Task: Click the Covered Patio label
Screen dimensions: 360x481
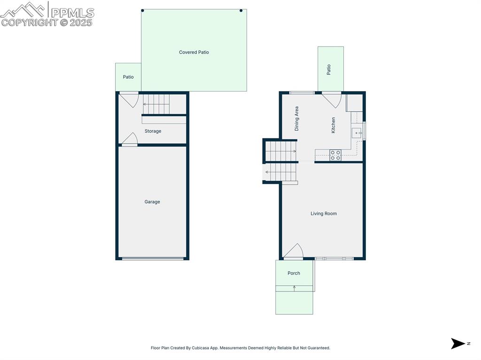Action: point(194,52)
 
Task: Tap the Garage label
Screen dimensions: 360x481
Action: point(152,202)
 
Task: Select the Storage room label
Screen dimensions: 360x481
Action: point(153,131)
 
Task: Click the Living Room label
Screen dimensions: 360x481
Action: point(324,214)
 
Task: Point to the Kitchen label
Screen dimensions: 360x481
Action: point(334,125)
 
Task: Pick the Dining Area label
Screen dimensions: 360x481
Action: point(296,118)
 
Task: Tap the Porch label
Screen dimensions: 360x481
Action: point(294,273)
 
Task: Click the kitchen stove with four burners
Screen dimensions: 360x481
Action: point(335,155)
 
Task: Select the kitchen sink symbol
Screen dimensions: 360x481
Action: point(357,133)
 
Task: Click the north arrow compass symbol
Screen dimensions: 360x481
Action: point(458,344)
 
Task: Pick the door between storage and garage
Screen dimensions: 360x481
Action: point(129,139)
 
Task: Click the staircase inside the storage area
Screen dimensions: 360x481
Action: point(156,104)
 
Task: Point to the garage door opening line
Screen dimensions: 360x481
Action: point(153,258)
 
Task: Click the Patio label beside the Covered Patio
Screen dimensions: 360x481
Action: point(128,77)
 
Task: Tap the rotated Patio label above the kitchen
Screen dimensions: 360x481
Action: point(329,69)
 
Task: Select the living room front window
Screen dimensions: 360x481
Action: point(334,259)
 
